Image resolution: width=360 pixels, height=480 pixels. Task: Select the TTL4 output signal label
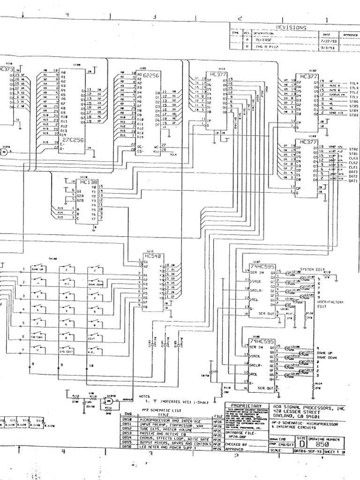(x=353, y=83)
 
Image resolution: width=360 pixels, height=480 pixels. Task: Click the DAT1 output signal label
(x=353, y=181)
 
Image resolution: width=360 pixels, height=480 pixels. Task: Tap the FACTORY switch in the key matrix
(x=37, y=337)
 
